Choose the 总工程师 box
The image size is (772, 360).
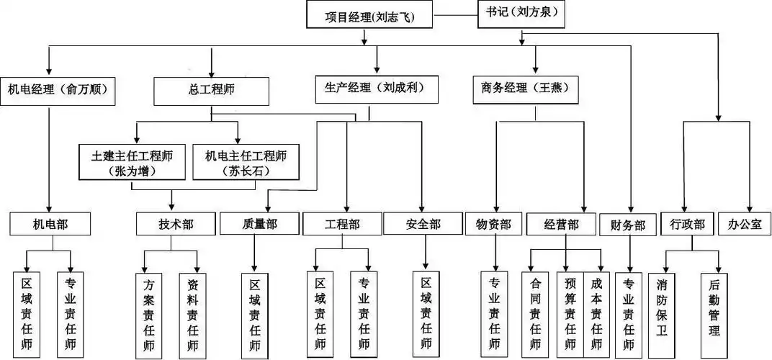tap(211, 91)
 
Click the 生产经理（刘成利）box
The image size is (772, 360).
tap(369, 89)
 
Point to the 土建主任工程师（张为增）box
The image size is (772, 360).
tap(134, 163)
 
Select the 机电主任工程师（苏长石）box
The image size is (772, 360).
tap(246, 163)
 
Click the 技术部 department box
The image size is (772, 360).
tap(175, 224)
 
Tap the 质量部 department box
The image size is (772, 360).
tap(259, 224)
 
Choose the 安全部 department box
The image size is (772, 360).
tap(422, 224)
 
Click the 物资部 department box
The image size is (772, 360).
tap(493, 224)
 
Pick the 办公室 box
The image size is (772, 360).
tap(745, 223)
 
